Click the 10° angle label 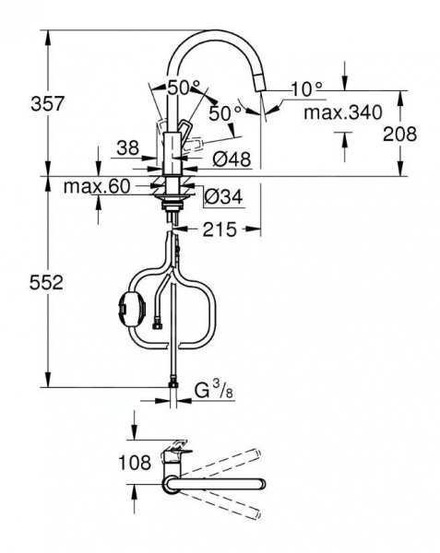coord(307,89)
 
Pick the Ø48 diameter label coord(232,159)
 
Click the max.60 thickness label coord(97,187)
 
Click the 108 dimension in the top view coord(135,463)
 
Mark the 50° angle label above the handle coord(184,86)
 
